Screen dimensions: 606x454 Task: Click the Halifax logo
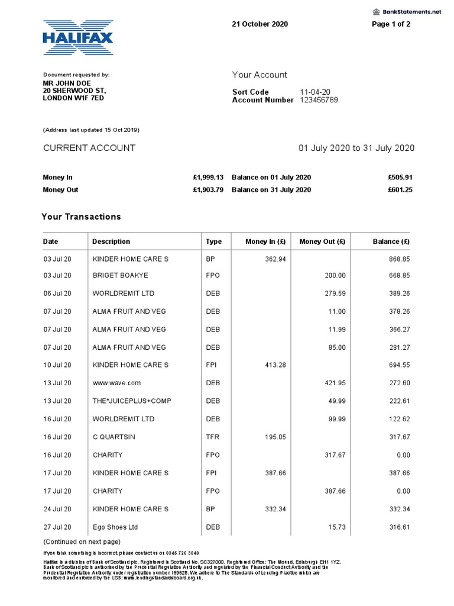(77, 38)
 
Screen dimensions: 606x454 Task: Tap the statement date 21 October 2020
(260, 24)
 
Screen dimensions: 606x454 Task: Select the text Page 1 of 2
(391, 24)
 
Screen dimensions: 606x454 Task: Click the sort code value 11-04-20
(315, 92)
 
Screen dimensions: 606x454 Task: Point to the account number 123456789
(319, 100)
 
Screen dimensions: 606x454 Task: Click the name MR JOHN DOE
(67, 83)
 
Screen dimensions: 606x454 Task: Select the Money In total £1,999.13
(207, 178)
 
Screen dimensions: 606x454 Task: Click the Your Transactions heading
(81, 217)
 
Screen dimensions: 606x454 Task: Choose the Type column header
(214, 241)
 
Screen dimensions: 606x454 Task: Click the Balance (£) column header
(391, 241)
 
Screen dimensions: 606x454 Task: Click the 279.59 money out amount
(334, 294)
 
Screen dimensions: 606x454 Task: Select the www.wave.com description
(117, 383)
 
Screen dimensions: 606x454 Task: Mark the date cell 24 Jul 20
(57, 509)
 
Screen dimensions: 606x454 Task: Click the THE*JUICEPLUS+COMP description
(132, 401)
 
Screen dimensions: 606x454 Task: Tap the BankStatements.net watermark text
(411, 11)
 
